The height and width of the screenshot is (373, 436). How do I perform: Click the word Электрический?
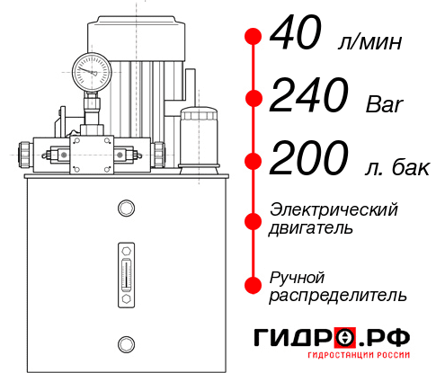(334, 209)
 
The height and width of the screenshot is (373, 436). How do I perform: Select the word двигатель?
(311, 228)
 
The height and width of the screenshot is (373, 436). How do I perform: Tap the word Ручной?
(297, 276)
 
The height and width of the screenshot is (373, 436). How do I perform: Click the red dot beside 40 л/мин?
(254, 38)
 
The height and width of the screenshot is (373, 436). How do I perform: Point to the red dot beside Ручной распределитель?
(254, 284)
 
